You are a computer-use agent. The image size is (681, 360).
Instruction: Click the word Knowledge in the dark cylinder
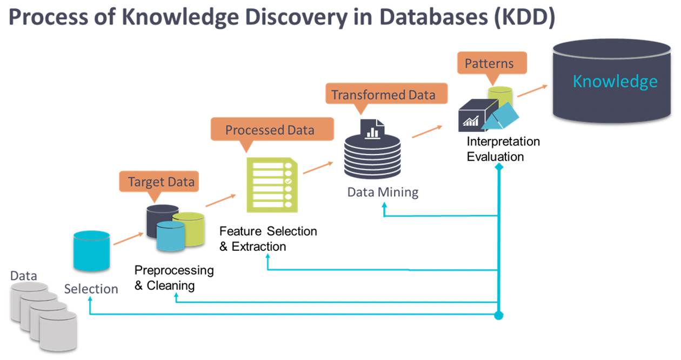click(x=615, y=82)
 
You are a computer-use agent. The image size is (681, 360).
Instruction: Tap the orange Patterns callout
click(x=489, y=63)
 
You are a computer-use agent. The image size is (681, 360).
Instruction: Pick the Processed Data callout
click(x=270, y=130)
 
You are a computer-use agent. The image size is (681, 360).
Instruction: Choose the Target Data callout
click(x=158, y=182)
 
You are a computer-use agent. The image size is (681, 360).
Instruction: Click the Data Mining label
click(x=383, y=192)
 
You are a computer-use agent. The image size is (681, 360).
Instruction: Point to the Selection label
click(x=91, y=289)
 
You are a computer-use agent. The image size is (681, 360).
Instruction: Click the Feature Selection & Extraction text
click(x=268, y=239)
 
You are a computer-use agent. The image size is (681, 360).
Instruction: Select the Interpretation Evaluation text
click(x=503, y=150)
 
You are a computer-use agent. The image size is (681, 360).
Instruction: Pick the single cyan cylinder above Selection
click(x=91, y=251)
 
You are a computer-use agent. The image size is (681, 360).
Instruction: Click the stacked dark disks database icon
click(x=371, y=154)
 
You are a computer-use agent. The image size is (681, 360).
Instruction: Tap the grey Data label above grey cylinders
click(x=24, y=276)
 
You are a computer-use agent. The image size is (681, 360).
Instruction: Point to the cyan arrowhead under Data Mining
click(x=384, y=205)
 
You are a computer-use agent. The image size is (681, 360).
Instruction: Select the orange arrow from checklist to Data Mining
click(x=318, y=167)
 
